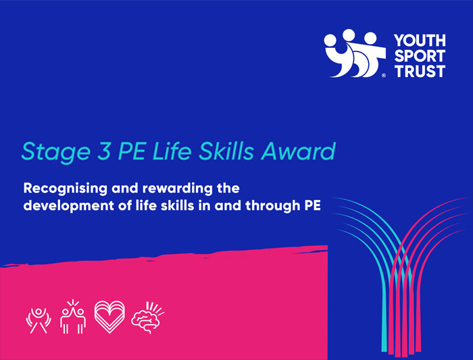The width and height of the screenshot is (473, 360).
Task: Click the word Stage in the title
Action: [x=50, y=151]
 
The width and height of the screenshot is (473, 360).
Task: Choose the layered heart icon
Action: [x=110, y=316]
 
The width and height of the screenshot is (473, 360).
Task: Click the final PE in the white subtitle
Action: [x=309, y=205]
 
